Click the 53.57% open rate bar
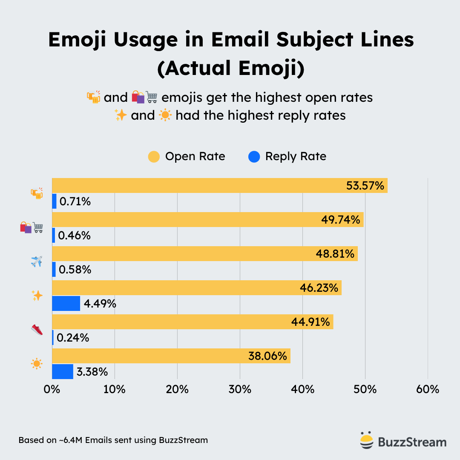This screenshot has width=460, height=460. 219,186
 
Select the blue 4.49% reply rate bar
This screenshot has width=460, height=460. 66,303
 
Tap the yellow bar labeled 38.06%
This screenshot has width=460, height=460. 171,356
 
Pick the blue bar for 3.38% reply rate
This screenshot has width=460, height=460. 63,371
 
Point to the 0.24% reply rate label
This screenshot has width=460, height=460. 73,338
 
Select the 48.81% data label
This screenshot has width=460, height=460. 335,254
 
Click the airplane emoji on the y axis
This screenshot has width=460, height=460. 37,262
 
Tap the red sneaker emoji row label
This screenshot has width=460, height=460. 37,330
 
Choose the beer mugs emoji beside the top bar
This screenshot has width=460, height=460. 37,193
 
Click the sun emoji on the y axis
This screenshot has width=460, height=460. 37,364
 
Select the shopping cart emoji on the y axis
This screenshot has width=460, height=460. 38,227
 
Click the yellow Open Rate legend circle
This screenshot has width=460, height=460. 154,157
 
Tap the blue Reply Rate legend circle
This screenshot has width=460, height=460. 254,157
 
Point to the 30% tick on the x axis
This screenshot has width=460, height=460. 240,389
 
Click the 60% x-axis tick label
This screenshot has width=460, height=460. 428,389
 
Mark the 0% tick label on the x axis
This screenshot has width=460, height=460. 52,389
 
